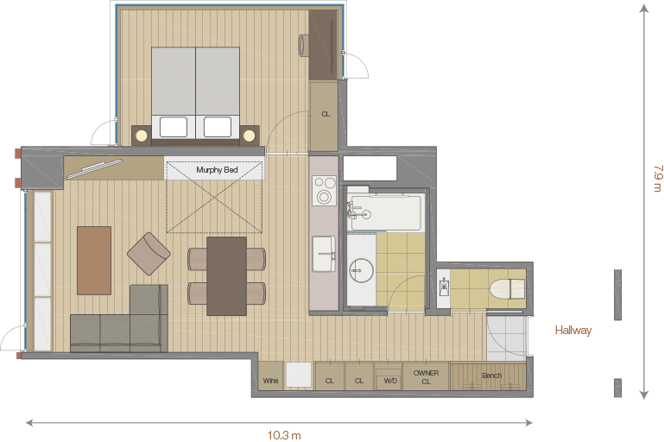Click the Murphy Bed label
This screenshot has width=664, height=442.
click(217, 170)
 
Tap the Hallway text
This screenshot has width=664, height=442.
click(573, 331)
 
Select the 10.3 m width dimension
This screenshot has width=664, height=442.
click(284, 435)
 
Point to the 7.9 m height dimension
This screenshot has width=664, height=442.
click(657, 178)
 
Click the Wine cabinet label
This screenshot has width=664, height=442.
click(270, 380)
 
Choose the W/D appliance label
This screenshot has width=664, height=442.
click(390, 381)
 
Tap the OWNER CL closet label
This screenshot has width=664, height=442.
click(426, 377)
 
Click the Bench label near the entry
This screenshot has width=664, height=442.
click(491, 376)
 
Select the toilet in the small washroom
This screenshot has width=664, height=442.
click(508, 288)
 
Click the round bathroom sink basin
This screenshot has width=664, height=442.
click(361, 270)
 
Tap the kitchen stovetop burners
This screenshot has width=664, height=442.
click(324, 190)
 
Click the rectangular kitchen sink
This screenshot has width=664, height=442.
click(324, 254)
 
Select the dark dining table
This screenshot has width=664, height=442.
click(226, 276)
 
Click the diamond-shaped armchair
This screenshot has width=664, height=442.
click(149, 254)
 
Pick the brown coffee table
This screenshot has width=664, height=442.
click(94, 261)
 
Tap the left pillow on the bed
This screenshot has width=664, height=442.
click(174, 127)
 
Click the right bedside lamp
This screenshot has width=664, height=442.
click(250, 136)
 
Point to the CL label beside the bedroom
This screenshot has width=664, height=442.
click(326, 114)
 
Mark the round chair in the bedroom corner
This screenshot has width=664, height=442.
click(305, 45)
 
